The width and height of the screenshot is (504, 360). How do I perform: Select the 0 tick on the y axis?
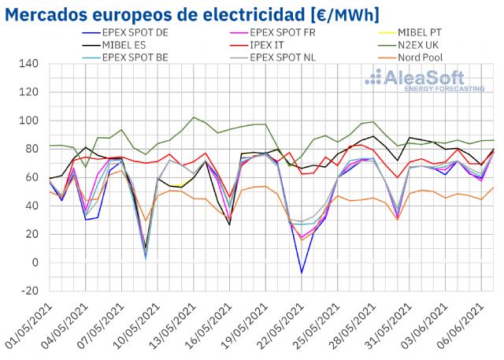35,262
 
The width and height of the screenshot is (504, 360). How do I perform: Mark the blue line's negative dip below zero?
301,273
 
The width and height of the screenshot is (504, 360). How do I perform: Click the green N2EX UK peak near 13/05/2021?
195,117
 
